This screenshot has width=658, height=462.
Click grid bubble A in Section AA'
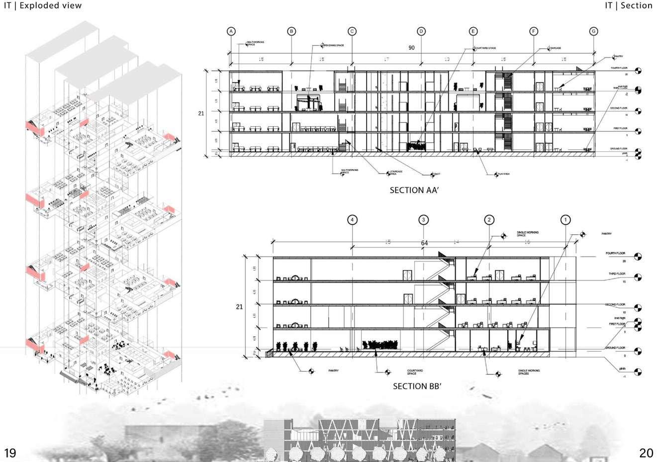[x=231, y=31]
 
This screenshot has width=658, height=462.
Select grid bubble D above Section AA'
[x=421, y=31]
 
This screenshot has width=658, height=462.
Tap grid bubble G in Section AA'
[x=594, y=31]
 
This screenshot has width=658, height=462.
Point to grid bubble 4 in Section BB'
[x=352, y=219]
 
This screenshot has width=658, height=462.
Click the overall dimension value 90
[x=411, y=48]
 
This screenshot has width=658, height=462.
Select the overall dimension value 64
[x=424, y=243]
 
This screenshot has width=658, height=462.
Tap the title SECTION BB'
[x=417, y=386]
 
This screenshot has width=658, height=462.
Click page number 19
[x=10, y=453]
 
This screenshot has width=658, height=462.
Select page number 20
[x=646, y=453]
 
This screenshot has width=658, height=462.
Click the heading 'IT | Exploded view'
[x=43, y=5]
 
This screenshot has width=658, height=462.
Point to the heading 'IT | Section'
[x=628, y=5]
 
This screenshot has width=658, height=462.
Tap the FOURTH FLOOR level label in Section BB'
[x=615, y=254]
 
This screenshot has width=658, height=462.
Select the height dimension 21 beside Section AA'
[x=201, y=113]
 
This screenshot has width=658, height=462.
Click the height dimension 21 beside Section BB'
[x=239, y=307]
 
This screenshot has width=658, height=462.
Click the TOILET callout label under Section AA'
[x=437, y=174]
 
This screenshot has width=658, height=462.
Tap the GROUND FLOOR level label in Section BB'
[x=615, y=348]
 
